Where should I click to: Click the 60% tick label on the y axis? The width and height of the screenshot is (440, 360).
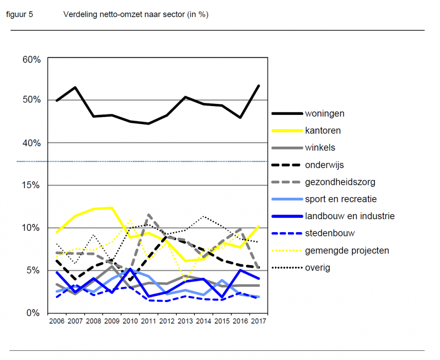(31, 60)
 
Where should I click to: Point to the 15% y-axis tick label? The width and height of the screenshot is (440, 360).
(31, 185)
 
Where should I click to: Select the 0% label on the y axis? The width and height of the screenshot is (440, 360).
(34, 313)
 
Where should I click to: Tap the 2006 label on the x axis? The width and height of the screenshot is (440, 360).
(57, 321)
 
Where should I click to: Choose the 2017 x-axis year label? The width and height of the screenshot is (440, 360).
(259, 321)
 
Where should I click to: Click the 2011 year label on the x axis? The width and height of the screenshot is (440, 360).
(149, 321)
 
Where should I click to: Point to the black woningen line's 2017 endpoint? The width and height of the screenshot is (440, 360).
(259, 85)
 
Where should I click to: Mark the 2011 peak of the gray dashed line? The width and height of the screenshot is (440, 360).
(149, 215)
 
